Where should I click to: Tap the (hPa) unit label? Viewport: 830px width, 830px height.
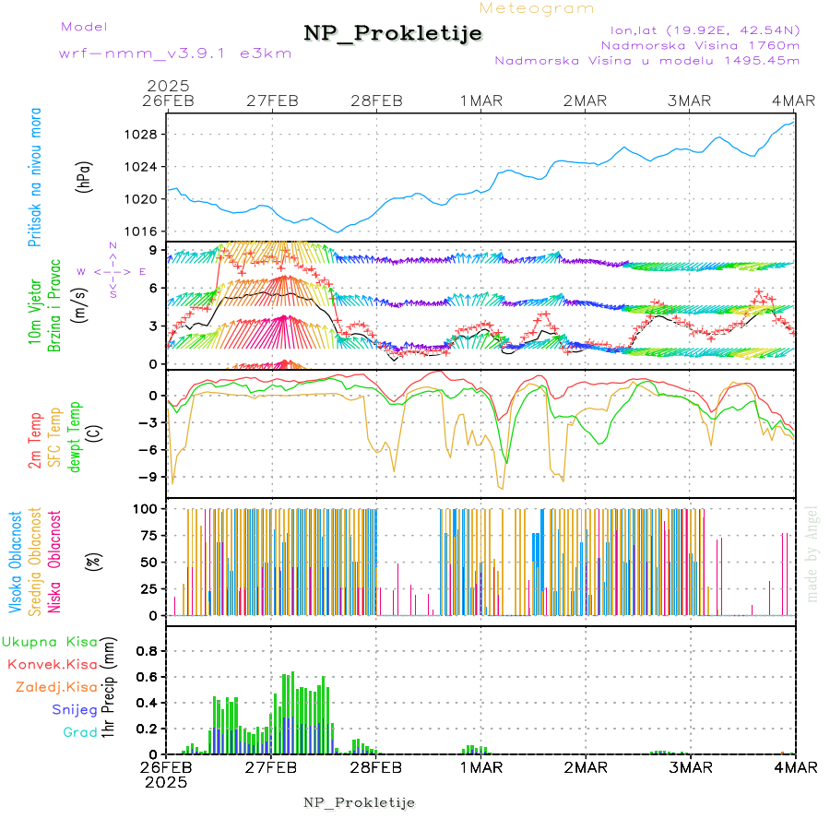click(x=86, y=176)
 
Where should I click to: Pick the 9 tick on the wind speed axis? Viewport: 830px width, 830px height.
click(x=151, y=250)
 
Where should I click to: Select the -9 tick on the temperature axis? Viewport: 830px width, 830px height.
click(x=147, y=477)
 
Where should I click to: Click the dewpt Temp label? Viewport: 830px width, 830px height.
click(x=76, y=433)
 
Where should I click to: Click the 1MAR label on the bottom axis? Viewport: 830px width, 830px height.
click(x=481, y=767)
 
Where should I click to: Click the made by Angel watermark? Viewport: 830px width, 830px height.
click(x=812, y=553)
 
